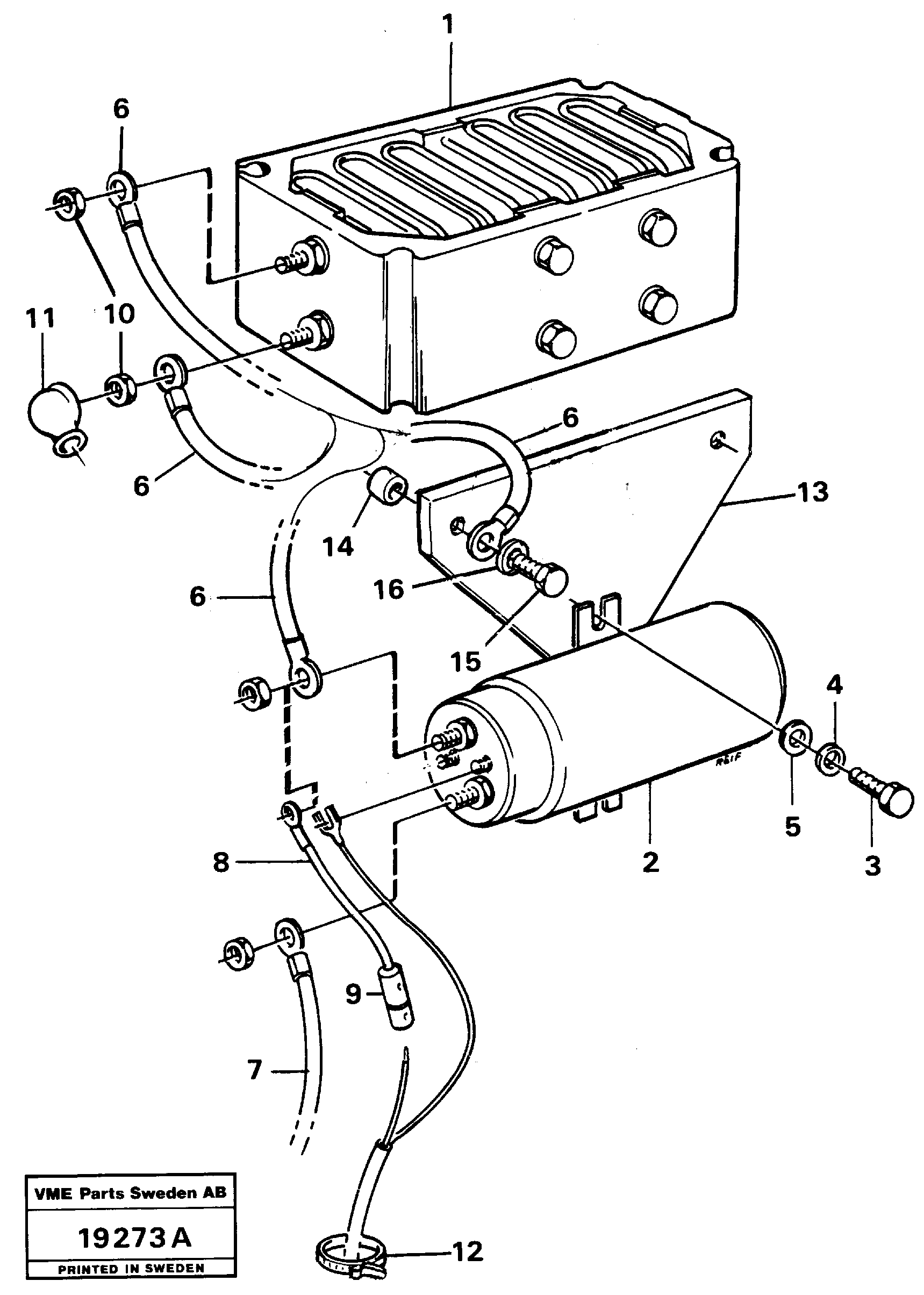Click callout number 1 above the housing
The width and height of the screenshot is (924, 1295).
click(x=448, y=26)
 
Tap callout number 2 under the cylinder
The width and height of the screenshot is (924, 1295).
click(x=650, y=863)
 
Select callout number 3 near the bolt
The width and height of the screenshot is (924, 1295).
click(x=872, y=866)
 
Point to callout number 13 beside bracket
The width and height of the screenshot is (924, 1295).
click(x=813, y=493)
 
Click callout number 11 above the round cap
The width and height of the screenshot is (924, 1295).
click(x=40, y=319)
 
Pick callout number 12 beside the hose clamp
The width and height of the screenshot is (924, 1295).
click(x=468, y=1251)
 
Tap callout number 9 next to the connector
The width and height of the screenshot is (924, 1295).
click(x=353, y=994)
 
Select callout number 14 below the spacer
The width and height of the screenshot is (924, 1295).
click(x=338, y=547)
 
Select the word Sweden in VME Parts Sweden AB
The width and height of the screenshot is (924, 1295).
click(x=167, y=1194)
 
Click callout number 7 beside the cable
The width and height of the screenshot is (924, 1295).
click(x=254, y=1071)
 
